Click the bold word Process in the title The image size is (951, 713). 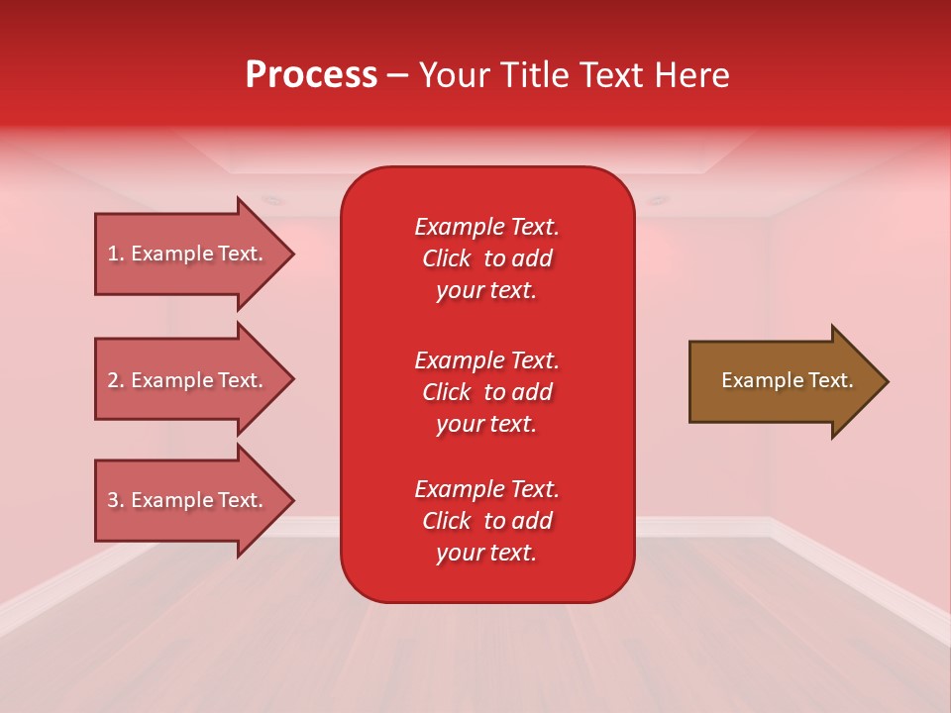point(311,75)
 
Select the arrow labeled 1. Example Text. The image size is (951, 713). point(188,254)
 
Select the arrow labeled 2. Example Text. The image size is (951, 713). point(188,380)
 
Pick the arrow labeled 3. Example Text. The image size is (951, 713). point(188,500)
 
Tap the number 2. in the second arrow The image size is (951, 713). point(116,380)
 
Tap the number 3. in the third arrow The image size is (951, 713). point(116,500)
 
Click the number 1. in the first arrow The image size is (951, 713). point(116,254)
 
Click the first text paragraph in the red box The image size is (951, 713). point(486,258)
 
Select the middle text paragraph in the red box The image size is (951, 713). point(486,392)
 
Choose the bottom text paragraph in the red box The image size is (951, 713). point(486,521)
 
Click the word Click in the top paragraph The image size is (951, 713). point(446,258)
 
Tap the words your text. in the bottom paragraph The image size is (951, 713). point(486,554)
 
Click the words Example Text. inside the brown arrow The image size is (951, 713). point(787,380)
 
